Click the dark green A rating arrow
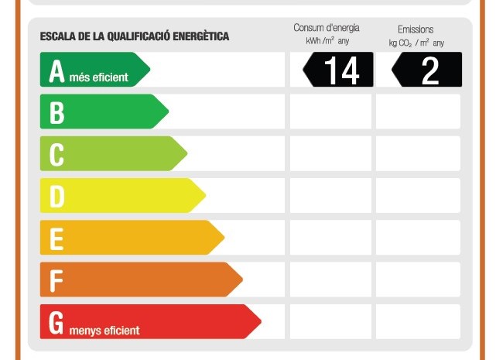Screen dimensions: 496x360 [x=95, y=70]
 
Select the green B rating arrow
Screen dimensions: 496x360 [x=104, y=111]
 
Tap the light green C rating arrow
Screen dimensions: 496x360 [x=114, y=153]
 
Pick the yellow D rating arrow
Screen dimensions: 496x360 [x=123, y=196]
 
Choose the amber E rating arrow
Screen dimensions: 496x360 [x=132, y=238]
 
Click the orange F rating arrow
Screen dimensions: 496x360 [x=142, y=279]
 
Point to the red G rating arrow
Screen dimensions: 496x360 [x=151, y=322]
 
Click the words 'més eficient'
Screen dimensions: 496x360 [x=99, y=77]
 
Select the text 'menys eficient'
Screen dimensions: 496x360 [x=104, y=331]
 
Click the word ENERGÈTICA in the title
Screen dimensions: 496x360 [x=201, y=36]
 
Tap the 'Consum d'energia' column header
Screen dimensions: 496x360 [x=327, y=28]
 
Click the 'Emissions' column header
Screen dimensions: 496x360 [x=416, y=29]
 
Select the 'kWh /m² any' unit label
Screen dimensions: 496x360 [x=327, y=41]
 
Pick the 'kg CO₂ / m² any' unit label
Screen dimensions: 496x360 [x=416, y=43]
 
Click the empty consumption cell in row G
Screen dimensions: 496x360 [x=330, y=322]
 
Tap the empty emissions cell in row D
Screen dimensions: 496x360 [x=418, y=196]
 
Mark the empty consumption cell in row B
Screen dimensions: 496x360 [x=330, y=111]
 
